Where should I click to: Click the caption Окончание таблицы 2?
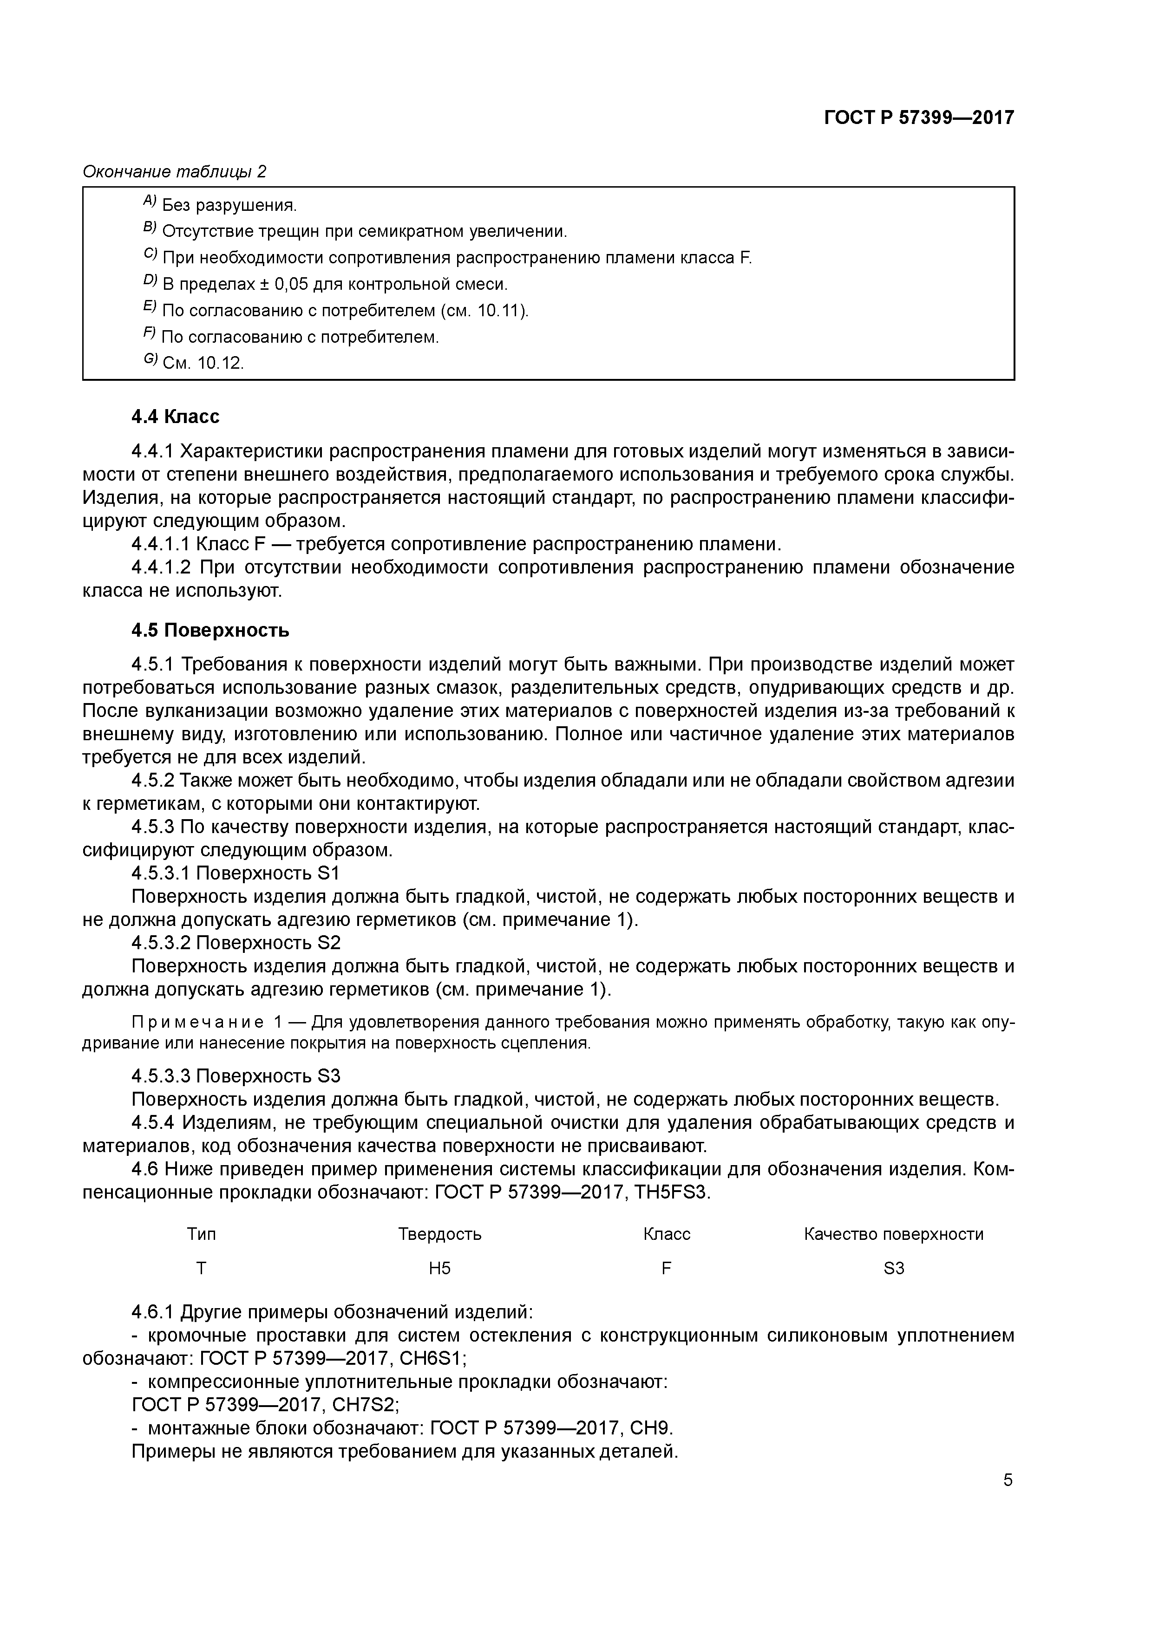pyautogui.click(x=175, y=172)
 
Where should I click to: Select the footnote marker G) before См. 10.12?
pyautogui.click(x=149, y=360)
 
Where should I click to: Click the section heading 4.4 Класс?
pyautogui.click(x=175, y=417)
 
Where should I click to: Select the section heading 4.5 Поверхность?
pyautogui.click(x=210, y=630)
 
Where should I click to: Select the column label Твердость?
pyautogui.click(x=439, y=1234)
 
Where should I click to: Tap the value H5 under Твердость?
pyautogui.click(x=439, y=1268)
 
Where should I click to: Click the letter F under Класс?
pyautogui.click(x=666, y=1268)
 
